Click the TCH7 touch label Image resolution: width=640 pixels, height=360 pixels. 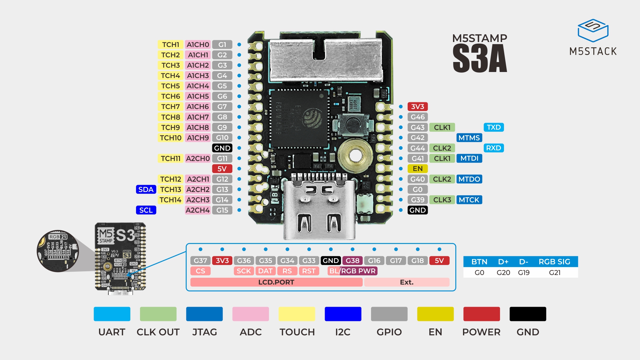[170, 107]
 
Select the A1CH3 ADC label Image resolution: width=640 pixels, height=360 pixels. [198, 76]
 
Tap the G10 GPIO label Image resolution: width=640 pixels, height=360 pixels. [222, 138]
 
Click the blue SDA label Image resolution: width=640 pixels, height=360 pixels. [146, 189]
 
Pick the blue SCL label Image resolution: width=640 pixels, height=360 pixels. [146, 210]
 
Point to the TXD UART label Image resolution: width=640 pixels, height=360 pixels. [493, 127]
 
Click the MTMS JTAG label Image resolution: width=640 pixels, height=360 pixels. [469, 138]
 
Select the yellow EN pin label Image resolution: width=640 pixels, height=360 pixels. [417, 169]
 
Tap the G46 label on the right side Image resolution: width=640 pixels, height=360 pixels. [417, 117]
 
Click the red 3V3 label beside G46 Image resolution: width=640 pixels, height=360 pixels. [417, 107]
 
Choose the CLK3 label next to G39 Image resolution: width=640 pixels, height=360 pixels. [442, 200]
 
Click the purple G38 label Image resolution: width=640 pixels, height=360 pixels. [352, 261]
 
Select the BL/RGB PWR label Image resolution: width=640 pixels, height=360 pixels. [352, 271]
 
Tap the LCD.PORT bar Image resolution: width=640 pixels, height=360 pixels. [276, 282]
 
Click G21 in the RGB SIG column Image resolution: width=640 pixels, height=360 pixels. [554, 273]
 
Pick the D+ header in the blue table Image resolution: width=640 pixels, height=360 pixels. [503, 262]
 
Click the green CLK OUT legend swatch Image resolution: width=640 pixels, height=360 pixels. [158, 314]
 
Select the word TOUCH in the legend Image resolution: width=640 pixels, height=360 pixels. [297, 332]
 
